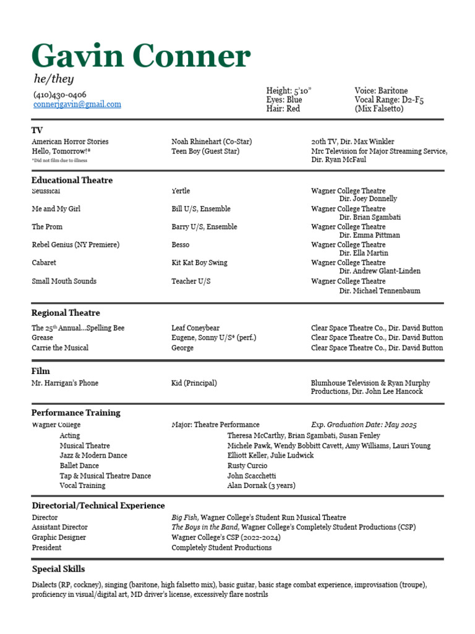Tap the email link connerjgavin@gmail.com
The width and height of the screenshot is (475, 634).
coord(77,105)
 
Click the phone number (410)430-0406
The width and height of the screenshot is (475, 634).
coord(59,95)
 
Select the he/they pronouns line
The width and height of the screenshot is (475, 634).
coord(53,79)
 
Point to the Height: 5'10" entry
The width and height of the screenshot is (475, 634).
coord(289,90)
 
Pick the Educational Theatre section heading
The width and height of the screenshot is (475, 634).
coord(72,180)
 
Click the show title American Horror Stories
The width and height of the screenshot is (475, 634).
coord(70,142)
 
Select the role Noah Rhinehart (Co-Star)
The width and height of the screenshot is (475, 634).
coord(212,142)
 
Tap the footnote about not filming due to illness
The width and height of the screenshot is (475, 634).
coord(59,160)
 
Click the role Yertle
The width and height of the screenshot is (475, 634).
coord(181,191)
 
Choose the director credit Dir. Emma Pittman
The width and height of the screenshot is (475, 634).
coord(369,235)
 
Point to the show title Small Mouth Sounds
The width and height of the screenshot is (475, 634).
coord(64,281)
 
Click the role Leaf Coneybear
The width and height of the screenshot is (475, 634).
coord(195,328)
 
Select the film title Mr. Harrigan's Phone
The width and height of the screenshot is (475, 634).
coord(65,383)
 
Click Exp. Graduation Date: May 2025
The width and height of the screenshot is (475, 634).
coord(364,425)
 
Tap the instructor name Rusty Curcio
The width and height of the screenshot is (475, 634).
coord(247,466)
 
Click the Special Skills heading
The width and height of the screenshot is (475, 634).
coord(59,569)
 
